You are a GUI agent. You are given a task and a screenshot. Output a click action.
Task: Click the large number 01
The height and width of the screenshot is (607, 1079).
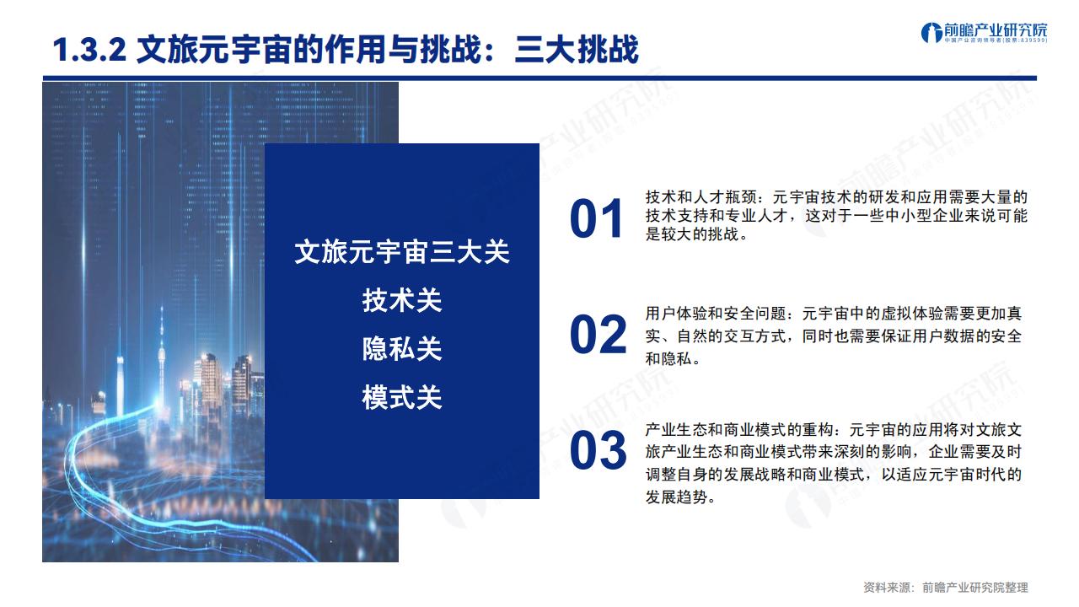pos(596,220)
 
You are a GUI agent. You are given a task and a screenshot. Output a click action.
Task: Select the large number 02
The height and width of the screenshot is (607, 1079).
pos(598,335)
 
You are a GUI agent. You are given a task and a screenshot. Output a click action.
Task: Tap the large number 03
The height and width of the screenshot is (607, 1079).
pos(598,451)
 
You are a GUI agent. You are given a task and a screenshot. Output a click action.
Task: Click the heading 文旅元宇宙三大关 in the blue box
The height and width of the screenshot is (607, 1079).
pos(402,252)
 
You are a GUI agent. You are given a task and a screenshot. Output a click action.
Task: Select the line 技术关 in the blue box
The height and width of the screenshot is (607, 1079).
pos(402,301)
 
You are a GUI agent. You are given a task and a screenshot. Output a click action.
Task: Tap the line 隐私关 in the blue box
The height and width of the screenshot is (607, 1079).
pos(402,349)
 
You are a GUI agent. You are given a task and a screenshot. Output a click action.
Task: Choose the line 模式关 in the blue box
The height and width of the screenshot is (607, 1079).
pos(402,398)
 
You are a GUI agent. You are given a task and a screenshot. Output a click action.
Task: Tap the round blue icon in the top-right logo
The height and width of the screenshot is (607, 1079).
pos(931,32)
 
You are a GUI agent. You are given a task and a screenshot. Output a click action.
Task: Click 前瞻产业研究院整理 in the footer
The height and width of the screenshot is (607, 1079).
pos(975,588)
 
